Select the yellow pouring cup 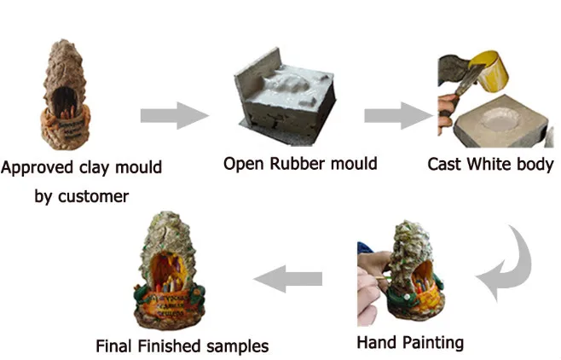[x=490, y=73]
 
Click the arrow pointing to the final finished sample [x=291, y=278]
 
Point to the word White [x=494, y=163]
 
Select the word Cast [x=446, y=163]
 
